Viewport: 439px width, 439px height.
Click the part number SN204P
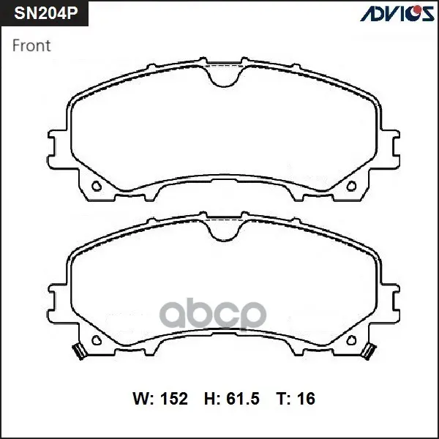pyautogui.click(x=46, y=13)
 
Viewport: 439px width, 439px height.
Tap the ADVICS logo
pyautogui.click(x=397, y=13)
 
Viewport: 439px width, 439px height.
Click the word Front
pyautogui.click(x=31, y=45)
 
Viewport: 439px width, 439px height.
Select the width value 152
pyautogui.click(x=173, y=399)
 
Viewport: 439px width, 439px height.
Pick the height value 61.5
pyautogui.click(x=243, y=399)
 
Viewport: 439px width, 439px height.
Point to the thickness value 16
pyautogui.click(x=306, y=399)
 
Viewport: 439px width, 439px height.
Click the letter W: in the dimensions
pyautogui.click(x=143, y=399)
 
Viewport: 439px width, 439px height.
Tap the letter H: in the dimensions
pyautogui.click(x=213, y=399)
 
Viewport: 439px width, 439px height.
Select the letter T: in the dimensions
pyautogui.click(x=284, y=399)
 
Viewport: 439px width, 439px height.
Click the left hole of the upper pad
pyautogui.click(x=97, y=186)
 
